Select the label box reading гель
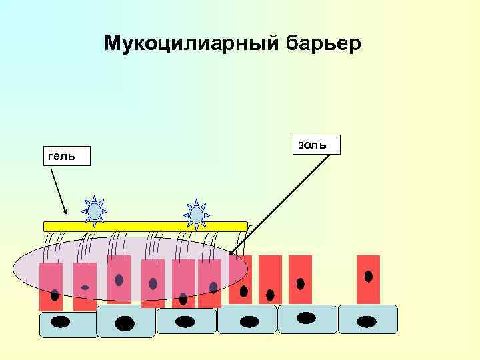[x=66, y=156]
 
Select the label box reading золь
[x=316, y=144]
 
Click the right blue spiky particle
[x=196, y=214]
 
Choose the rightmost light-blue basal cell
[x=368, y=319]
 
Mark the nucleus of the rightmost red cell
[x=368, y=276]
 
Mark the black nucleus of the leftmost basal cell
[x=61, y=323]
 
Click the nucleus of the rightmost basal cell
[x=367, y=321]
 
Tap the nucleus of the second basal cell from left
[x=125, y=323]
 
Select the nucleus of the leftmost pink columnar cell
[x=53, y=294]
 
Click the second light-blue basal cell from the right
[x=307, y=319]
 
